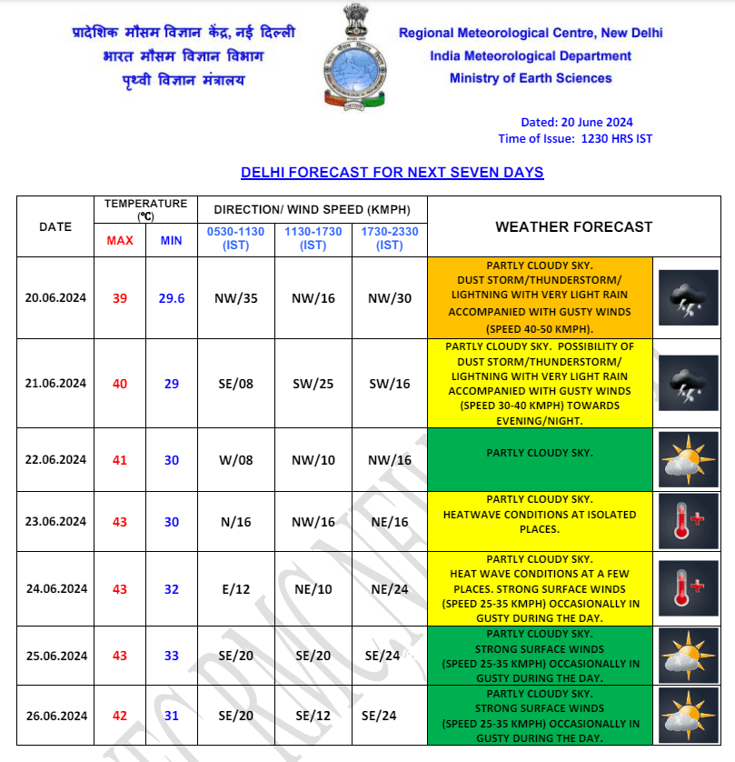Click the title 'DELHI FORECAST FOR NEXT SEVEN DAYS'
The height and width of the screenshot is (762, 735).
(x=392, y=172)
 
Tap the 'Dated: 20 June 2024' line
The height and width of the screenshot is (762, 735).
(x=576, y=123)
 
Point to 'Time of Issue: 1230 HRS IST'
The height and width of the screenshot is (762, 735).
(x=575, y=139)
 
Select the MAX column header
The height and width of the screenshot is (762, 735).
(x=120, y=240)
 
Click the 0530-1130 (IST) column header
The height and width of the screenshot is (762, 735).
(x=235, y=238)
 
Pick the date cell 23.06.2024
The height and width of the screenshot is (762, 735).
(x=55, y=522)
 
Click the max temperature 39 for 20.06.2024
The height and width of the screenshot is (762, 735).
(x=120, y=298)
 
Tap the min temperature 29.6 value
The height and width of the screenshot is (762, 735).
(x=172, y=298)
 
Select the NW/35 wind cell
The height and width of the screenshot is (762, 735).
(x=235, y=298)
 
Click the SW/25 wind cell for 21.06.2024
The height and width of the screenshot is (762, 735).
(x=313, y=384)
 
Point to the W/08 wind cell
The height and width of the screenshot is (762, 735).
(x=235, y=460)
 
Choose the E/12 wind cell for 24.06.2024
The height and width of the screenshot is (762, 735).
(x=235, y=589)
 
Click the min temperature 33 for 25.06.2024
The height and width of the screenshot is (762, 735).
(x=172, y=656)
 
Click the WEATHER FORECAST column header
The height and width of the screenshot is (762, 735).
(x=573, y=226)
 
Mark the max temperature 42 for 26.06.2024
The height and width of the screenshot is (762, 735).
(x=120, y=716)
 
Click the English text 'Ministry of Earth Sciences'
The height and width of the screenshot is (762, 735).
(x=531, y=78)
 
